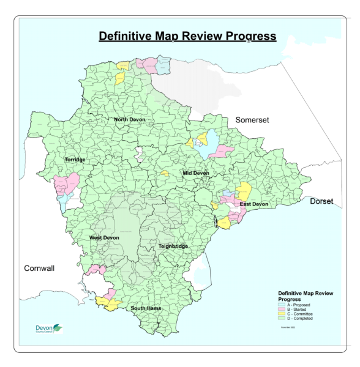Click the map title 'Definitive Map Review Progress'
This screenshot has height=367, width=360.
(x=187, y=36)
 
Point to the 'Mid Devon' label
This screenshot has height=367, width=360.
(x=196, y=173)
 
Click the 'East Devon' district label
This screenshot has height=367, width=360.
(x=253, y=204)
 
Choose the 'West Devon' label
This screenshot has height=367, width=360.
(x=104, y=237)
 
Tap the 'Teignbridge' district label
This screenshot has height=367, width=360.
(x=173, y=246)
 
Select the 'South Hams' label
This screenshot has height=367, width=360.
(x=146, y=308)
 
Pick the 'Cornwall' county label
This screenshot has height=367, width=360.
(x=39, y=269)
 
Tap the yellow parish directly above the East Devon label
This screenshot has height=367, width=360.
(x=244, y=189)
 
